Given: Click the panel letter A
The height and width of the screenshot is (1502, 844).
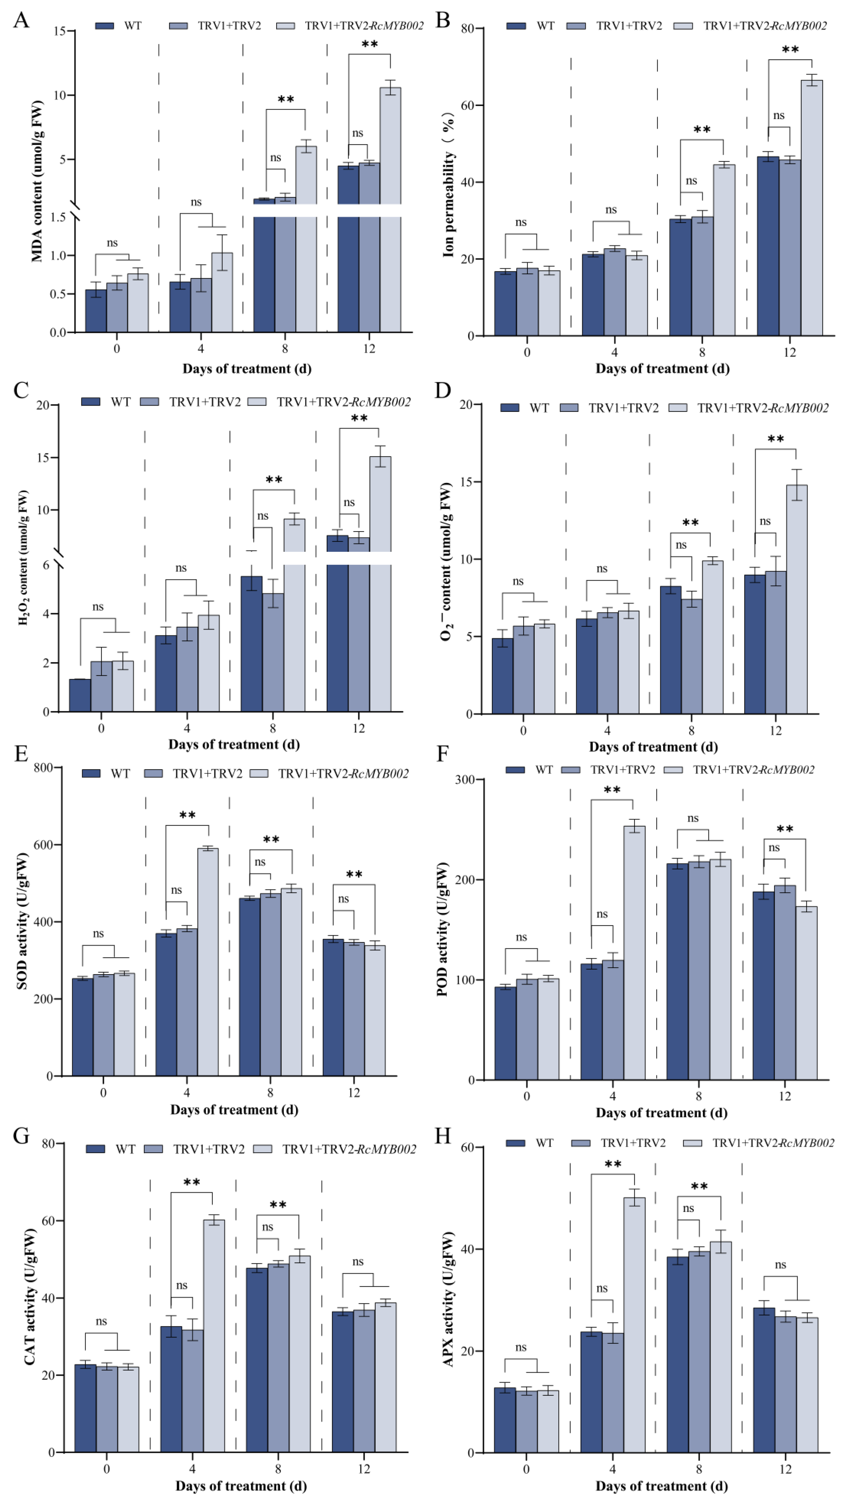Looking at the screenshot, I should (x=21, y=20).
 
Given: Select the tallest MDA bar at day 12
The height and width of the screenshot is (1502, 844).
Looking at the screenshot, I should (x=390, y=204).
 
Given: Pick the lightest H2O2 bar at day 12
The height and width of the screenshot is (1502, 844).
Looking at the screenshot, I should (x=380, y=583).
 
